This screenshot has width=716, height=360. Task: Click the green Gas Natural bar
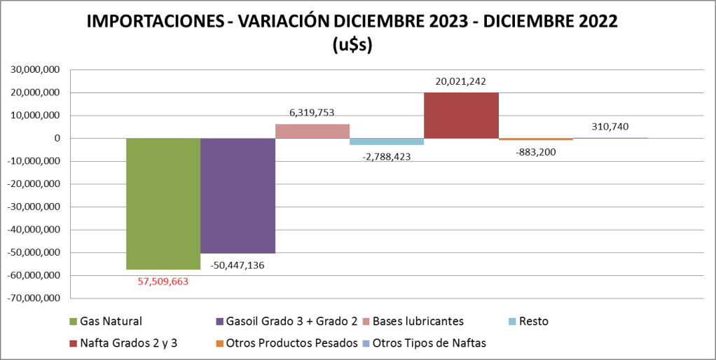pyautogui.click(x=163, y=203)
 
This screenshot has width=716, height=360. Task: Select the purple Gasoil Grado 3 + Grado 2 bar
pyautogui.click(x=237, y=195)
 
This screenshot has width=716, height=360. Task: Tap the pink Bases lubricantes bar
pyautogui.click(x=312, y=131)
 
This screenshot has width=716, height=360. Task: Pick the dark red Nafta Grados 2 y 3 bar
pyautogui.click(x=461, y=115)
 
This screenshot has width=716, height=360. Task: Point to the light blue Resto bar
pyautogui.click(x=387, y=141)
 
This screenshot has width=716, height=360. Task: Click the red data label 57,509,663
pyautogui.click(x=163, y=282)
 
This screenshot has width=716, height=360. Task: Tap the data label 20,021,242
pyautogui.click(x=461, y=81)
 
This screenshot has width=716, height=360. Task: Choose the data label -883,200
pyautogui.click(x=536, y=151)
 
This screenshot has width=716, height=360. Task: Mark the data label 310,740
pyautogui.click(x=610, y=127)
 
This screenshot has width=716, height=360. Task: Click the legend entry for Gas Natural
pyautogui.click(x=110, y=321)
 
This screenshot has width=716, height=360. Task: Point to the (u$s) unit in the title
pyautogui.click(x=352, y=45)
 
